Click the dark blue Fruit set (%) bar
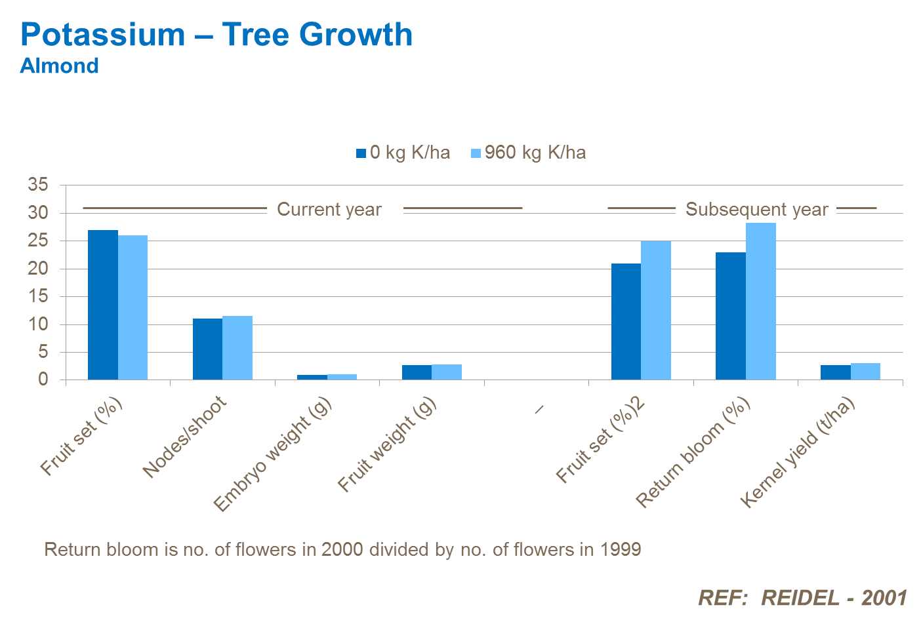103,305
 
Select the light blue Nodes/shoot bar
237,348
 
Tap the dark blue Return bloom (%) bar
731,316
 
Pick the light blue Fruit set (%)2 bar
656,311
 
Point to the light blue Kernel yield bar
865,372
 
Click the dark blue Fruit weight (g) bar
417,372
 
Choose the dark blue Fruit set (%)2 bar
626,322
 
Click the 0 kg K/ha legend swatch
361,153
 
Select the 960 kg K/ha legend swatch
476,153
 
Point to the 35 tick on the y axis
38,185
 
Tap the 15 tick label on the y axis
38,296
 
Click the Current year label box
335,208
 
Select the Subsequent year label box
756,208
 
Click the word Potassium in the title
103,35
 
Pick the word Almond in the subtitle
60,66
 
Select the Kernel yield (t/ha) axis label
797,453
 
